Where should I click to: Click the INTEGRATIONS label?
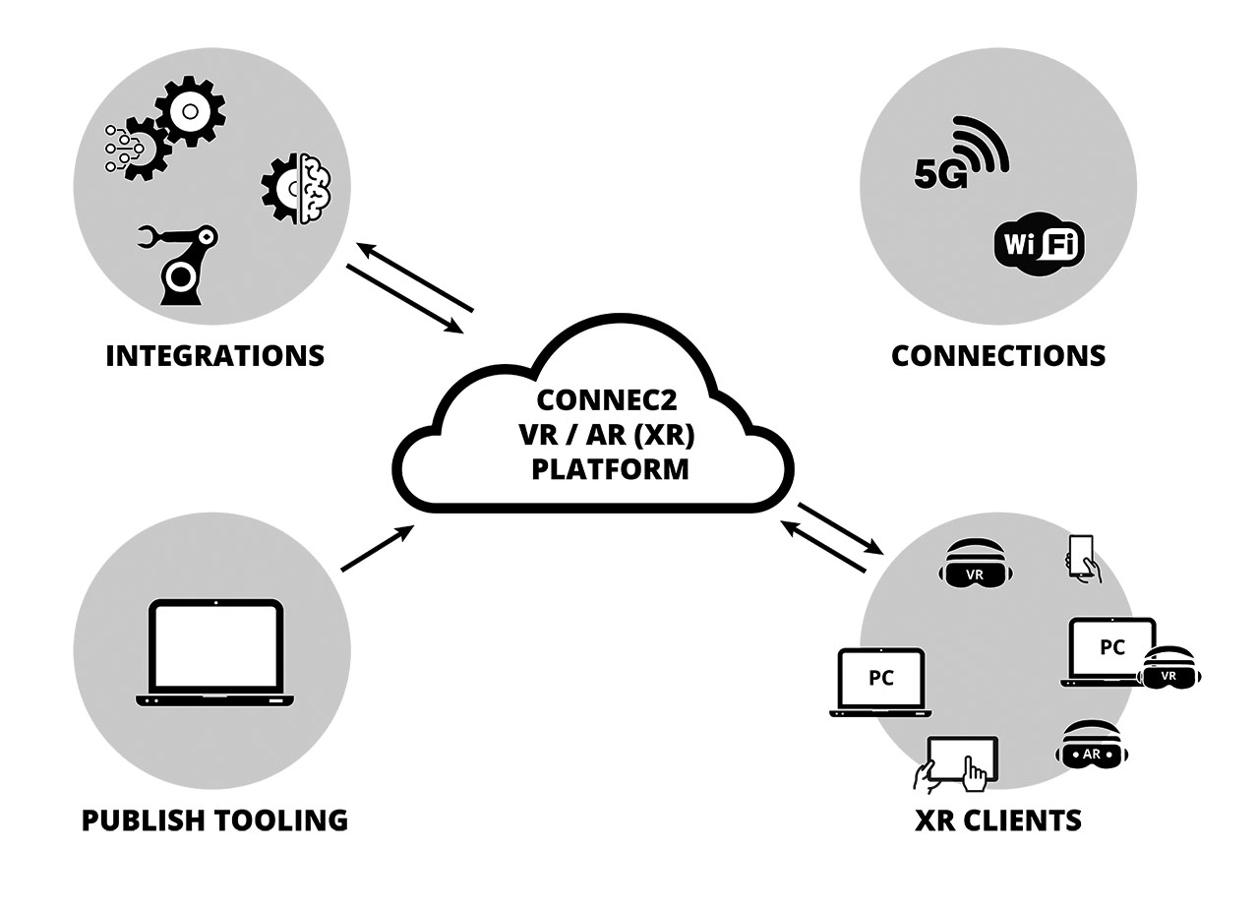(214, 355)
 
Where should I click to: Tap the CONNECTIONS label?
(997, 355)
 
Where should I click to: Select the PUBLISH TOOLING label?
(214, 819)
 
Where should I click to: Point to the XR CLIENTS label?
(997, 819)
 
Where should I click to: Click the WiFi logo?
(1039, 242)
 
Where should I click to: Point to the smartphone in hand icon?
(1082, 558)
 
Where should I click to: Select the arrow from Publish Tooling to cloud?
(377, 548)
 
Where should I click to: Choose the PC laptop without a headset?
(880, 681)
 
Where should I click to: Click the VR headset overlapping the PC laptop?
(1169, 668)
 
